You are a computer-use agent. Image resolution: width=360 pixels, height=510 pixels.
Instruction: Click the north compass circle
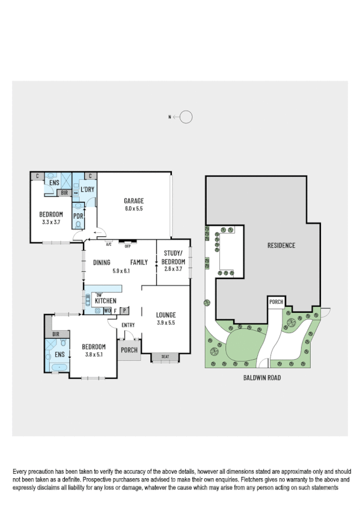[186, 117]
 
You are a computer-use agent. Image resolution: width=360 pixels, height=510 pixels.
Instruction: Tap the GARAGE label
[134, 201]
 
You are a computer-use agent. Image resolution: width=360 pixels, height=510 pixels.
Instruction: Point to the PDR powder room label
[78, 215]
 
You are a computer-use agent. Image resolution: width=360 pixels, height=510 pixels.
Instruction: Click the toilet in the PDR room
[78, 224]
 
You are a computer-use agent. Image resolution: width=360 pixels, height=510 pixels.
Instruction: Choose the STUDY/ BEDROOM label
[173, 262]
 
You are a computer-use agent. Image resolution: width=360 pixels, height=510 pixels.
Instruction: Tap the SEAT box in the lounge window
[165, 357]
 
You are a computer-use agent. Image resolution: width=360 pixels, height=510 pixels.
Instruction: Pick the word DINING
[102, 262]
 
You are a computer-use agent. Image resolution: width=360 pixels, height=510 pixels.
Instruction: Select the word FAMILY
[139, 262]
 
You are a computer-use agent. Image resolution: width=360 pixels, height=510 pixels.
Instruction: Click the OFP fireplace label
[127, 245]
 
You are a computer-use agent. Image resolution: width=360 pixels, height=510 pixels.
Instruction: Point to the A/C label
[109, 245]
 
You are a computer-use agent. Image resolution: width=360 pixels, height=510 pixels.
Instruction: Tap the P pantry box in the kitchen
[124, 311]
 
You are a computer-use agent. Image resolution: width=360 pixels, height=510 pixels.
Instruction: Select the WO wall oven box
[107, 311]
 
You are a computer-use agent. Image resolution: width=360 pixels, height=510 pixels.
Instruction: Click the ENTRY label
[129, 325]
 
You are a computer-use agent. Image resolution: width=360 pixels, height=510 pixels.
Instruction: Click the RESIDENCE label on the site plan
[281, 245]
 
